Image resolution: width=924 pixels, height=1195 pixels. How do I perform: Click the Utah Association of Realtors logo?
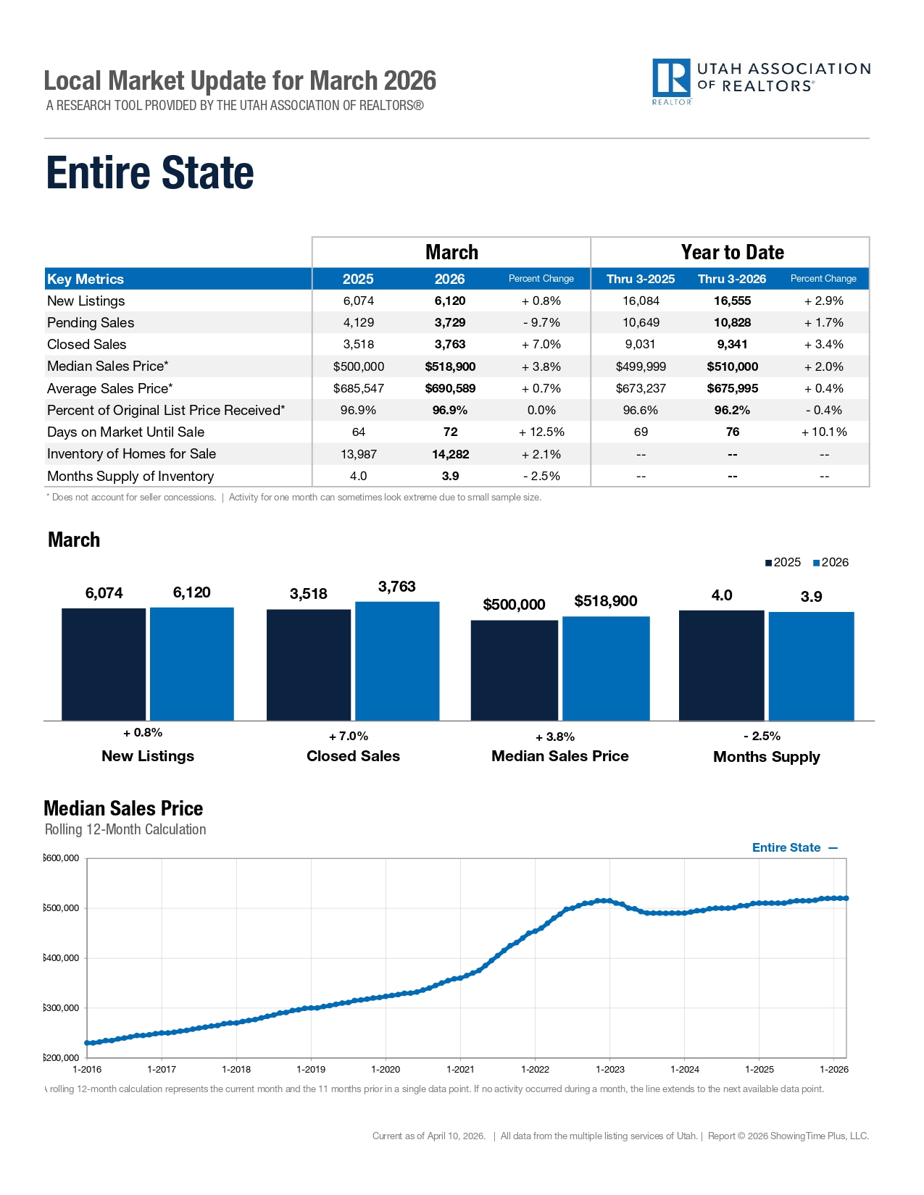pos(760,81)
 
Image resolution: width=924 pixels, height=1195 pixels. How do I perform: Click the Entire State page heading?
pos(150,173)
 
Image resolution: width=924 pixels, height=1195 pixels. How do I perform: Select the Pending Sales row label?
pos(91,323)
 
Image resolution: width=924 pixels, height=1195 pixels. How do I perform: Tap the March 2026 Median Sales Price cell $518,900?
pos(450,367)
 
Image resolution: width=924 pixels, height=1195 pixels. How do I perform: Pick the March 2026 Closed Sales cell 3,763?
pos(450,345)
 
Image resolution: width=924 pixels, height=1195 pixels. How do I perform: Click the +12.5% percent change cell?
pos(541,432)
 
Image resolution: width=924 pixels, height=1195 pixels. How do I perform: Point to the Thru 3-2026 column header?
pos(731,279)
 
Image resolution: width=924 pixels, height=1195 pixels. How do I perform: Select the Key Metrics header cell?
pos(86,280)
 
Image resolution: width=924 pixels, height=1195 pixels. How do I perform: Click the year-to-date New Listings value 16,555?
pos(732,301)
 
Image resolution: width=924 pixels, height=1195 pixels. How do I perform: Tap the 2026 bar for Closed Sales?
pos(397,661)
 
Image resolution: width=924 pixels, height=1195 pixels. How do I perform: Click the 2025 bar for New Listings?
pos(104,664)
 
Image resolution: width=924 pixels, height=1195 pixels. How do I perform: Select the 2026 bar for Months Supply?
pos(811,666)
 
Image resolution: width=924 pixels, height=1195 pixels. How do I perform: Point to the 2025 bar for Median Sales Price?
pos(514,670)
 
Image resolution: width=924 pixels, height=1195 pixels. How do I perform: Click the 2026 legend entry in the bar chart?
pos(831,563)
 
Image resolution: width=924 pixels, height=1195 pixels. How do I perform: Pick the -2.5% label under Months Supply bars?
pos(762,737)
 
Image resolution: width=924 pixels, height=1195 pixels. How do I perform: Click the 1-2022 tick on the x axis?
pos(535,1070)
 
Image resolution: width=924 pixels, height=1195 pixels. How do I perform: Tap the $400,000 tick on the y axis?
pos(62,958)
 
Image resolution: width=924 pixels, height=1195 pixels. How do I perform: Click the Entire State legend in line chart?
pos(794,848)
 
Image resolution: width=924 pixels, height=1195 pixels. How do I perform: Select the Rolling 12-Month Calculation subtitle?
pos(125,830)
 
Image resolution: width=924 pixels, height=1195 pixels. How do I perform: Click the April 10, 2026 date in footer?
pos(455,1136)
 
